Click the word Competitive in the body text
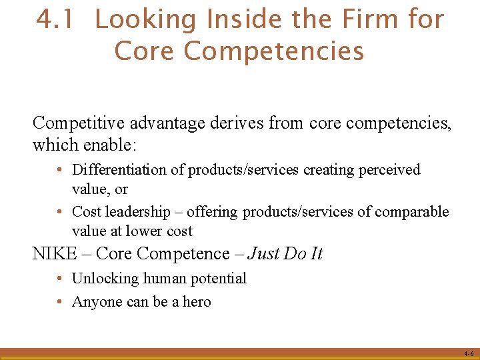(x=81, y=123)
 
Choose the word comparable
(x=412, y=212)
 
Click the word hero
(x=197, y=302)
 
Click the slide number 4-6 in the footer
(x=469, y=354)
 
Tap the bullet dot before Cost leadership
(x=60, y=212)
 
